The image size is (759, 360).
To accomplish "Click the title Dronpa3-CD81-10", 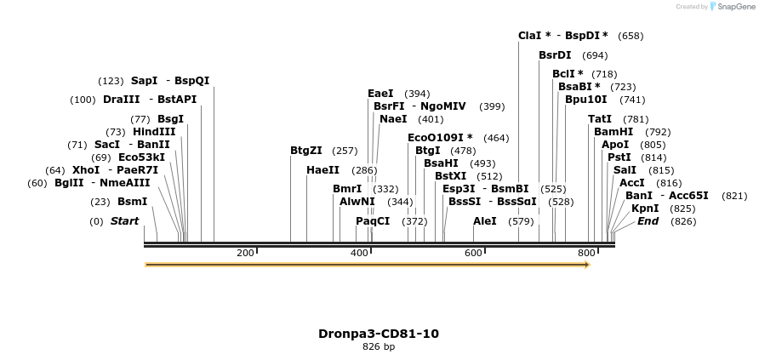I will tap(379, 334).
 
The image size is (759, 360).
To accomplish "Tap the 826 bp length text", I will tap(379, 346).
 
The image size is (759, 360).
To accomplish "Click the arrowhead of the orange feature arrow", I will tap(586, 265).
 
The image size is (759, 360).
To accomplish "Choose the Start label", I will tap(124, 221).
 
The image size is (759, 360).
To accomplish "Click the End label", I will tap(648, 221).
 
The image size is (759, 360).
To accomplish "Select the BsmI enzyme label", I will tap(132, 202).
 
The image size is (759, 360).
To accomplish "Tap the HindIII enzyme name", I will tap(154, 132).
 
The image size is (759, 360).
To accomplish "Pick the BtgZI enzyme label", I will tap(306, 151).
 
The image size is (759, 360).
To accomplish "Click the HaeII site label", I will tap(322, 170).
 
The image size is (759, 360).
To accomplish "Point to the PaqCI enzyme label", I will tap(373, 221).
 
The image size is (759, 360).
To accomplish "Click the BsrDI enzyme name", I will tap(555, 55).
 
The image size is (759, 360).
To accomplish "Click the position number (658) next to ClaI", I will tap(631, 36).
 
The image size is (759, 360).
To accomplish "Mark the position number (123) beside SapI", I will tap(111, 81).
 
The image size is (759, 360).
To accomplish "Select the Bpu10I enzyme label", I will tap(586, 100).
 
